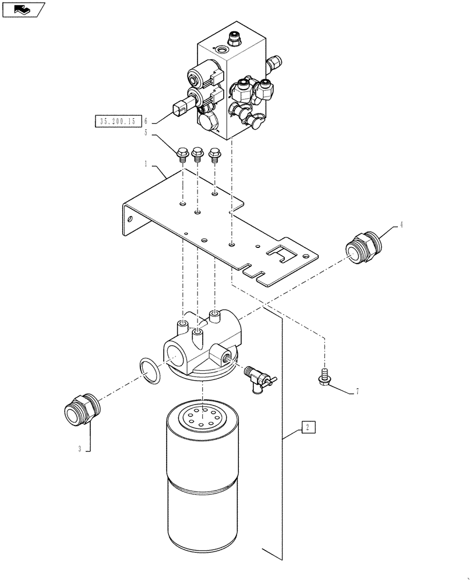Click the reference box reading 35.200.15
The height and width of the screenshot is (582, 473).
pos(118,122)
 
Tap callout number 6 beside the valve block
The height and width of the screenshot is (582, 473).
pos(146,122)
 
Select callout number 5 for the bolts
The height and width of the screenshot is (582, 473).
pos(147,134)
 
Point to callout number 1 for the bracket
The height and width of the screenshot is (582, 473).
pos(147,165)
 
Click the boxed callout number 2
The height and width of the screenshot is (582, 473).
pos(308,428)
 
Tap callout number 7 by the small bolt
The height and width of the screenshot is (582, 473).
pos(356,392)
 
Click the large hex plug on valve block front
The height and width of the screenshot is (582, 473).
pos(207,123)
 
